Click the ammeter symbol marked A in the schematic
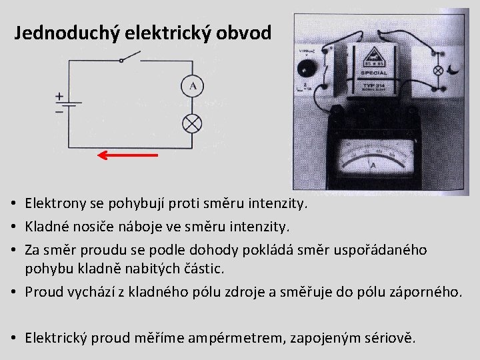point(193,87)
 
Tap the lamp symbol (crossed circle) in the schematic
point(193,123)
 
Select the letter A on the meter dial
point(373,164)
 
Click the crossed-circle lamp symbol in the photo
point(439,70)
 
